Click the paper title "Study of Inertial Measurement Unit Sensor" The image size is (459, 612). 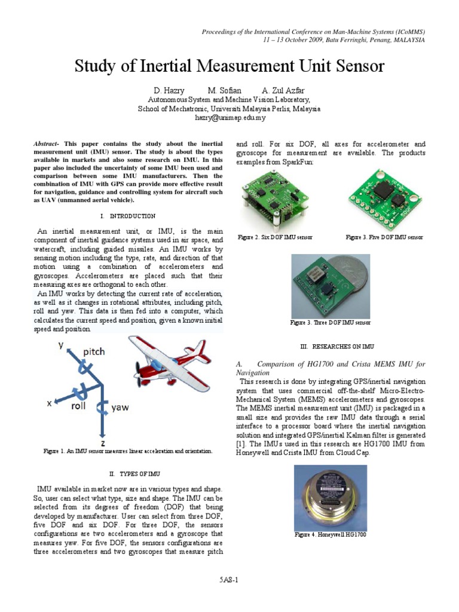229,66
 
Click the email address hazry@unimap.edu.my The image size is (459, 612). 229,118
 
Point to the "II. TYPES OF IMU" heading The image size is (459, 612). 128,474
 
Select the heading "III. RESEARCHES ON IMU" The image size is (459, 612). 331,346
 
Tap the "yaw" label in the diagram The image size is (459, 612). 120,408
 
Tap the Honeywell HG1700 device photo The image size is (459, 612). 331,498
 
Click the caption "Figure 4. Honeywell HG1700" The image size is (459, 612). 331,534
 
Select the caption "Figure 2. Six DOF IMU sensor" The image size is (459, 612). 275,237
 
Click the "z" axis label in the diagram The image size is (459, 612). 103,443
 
